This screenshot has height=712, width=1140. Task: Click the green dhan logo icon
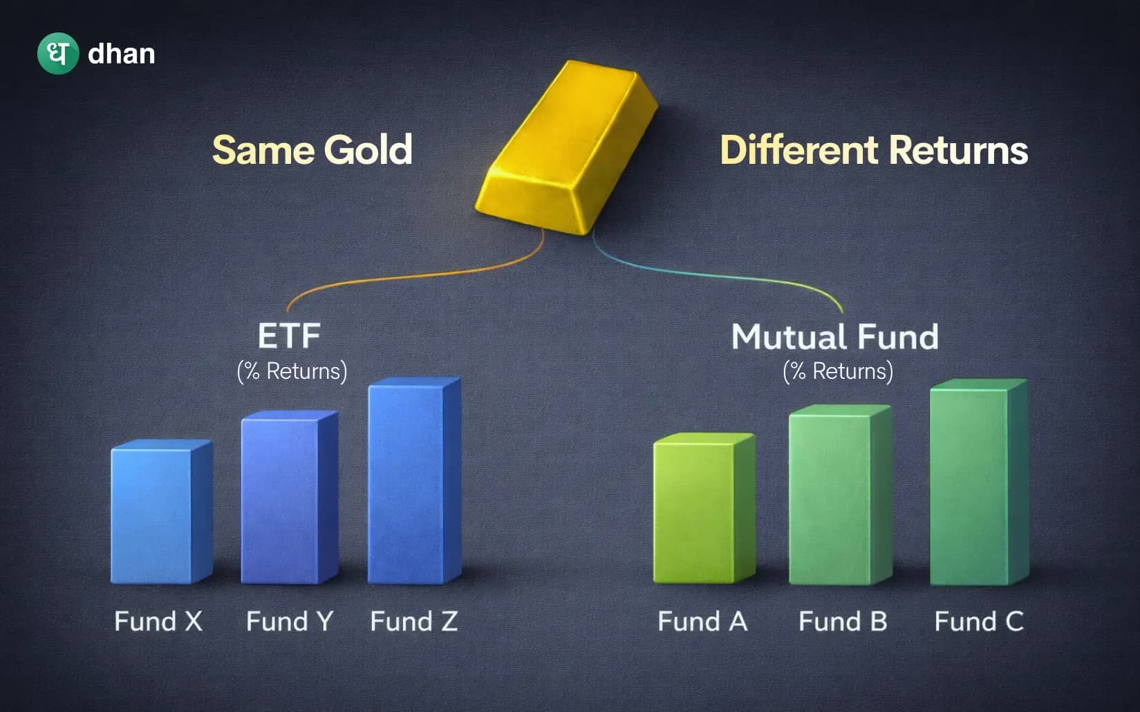(58, 53)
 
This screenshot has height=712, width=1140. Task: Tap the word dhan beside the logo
(122, 54)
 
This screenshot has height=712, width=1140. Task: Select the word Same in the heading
(263, 150)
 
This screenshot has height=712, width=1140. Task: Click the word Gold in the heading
(368, 150)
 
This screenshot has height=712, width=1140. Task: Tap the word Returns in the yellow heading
(958, 150)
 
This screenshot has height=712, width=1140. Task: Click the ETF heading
(289, 337)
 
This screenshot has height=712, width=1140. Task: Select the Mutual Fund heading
(835, 337)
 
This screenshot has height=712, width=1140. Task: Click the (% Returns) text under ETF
(292, 371)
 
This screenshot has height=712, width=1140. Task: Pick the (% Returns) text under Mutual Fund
(838, 371)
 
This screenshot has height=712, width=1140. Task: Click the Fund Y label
(290, 621)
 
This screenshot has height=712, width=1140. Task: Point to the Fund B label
(843, 621)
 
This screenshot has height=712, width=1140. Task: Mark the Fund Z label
(413, 621)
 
